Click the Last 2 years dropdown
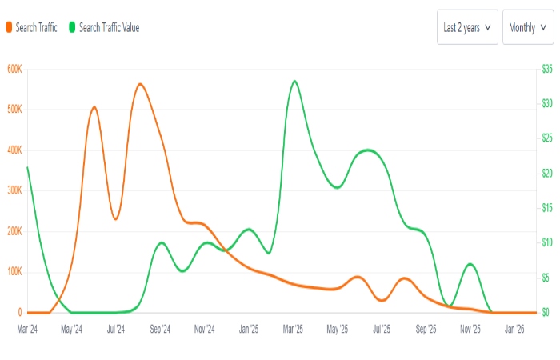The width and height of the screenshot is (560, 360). (x=467, y=27)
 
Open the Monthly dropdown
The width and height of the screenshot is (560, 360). (x=527, y=27)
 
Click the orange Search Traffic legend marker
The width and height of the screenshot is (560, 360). (x=9, y=27)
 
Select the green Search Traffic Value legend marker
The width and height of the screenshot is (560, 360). (x=72, y=27)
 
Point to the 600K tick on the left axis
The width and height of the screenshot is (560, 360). (x=14, y=69)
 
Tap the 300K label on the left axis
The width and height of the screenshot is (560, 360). (x=14, y=190)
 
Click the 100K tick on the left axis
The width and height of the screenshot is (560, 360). (x=14, y=272)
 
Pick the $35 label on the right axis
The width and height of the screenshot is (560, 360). (x=547, y=69)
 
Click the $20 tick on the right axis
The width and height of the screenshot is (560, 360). (x=547, y=173)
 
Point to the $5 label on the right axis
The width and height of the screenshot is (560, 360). (x=547, y=278)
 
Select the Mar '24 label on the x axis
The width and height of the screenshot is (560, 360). (x=28, y=328)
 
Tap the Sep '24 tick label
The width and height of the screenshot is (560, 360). (x=160, y=328)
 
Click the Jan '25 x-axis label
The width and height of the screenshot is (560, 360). (x=249, y=328)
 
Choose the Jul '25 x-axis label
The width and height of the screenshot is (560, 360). (x=382, y=328)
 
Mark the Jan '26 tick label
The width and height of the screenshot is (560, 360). (x=514, y=328)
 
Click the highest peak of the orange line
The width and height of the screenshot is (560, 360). (x=140, y=83)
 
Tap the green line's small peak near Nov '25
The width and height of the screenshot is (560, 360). (x=470, y=264)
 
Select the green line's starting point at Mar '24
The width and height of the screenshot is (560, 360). (x=28, y=167)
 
